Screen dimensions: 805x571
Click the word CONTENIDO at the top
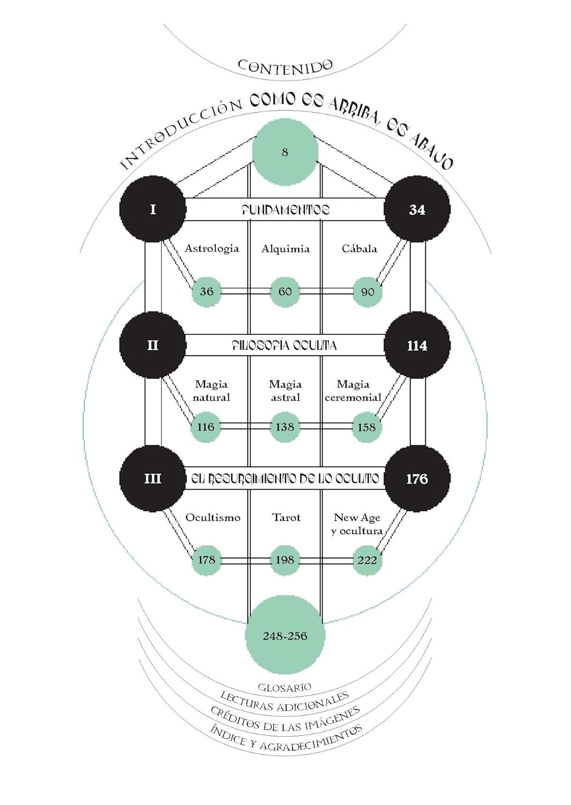click(285, 67)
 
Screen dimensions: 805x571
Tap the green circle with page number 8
click(285, 152)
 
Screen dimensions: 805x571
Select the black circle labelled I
click(153, 209)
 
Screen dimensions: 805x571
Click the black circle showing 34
click(417, 209)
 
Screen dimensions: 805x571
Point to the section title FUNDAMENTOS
click(285, 210)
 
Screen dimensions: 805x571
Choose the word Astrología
click(212, 248)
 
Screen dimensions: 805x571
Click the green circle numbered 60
click(285, 291)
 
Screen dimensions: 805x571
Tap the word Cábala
click(359, 248)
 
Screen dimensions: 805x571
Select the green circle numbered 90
click(367, 292)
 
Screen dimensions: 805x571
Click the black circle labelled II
click(153, 345)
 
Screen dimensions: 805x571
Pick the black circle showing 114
click(417, 346)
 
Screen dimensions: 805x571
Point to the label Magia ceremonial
click(353, 391)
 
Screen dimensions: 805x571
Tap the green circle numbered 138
click(285, 427)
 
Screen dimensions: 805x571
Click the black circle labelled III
click(153, 478)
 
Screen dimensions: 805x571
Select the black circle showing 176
click(417, 478)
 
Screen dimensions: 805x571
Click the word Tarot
click(286, 517)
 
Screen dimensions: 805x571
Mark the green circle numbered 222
click(367, 560)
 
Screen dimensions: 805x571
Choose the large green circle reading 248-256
click(285, 636)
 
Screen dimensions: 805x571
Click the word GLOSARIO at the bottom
click(285, 687)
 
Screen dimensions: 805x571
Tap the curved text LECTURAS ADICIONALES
click(285, 703)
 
